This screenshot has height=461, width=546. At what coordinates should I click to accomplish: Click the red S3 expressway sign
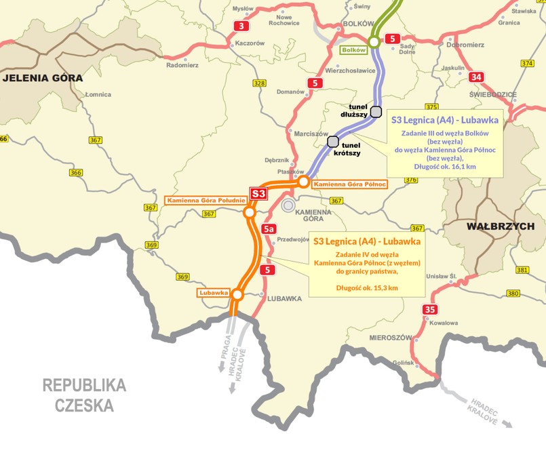tap(258, 194)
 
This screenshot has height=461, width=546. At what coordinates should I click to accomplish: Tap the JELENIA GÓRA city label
tap(42, 78)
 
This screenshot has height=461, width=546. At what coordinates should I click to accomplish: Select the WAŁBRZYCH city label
tap(501, 226)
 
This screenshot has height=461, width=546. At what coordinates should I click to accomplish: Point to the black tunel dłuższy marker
tap(376, 112)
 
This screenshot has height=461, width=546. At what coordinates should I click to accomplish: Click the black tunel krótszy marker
tap(333, 142)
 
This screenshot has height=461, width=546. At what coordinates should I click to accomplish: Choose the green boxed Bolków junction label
tap(353, 49)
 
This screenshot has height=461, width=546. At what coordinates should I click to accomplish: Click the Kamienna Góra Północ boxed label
tap(350, 184)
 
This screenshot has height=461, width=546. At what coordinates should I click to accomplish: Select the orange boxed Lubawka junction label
tap(212, 293)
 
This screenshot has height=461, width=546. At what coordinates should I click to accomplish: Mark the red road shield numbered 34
tap(477, 77)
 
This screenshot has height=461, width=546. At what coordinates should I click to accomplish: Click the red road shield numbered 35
tap(429, 310)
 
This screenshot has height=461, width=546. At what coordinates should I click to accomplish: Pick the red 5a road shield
tap(269, 229)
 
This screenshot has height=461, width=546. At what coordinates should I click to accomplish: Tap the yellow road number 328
tap(258, 83)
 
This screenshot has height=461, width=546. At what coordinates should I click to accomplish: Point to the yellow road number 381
tap(522, 270)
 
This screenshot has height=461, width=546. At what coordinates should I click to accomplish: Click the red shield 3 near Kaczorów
tap(241, 26)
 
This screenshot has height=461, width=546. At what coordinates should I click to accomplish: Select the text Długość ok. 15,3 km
tap(366, 287)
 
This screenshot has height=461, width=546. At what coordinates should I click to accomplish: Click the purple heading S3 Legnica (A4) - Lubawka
tap(444, 120)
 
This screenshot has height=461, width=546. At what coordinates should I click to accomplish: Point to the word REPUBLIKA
tap(84, 385)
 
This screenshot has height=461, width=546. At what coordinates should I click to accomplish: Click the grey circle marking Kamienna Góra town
tap(289, 204)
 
